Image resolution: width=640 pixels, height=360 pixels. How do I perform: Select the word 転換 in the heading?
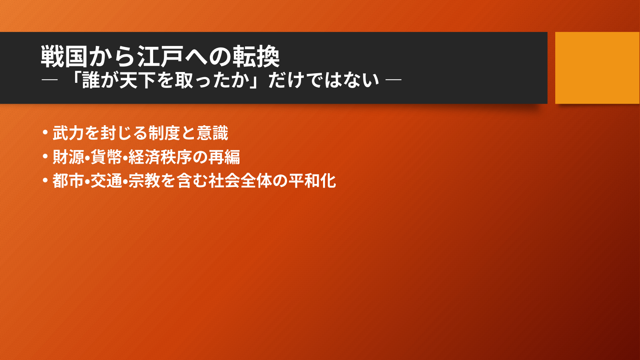point(256,56)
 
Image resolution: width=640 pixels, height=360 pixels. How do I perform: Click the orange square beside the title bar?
point(597,68)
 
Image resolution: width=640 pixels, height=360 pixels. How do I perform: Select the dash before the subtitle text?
point(50,80)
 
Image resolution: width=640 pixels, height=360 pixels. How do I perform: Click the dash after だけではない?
point(393,80)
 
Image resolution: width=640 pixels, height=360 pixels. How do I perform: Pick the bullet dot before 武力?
point(45,132)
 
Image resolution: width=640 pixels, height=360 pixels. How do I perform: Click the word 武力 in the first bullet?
point(68,133)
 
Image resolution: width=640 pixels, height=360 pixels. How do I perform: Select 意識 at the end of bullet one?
point(212,133)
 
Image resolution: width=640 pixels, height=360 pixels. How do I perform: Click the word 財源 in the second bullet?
point(68,157)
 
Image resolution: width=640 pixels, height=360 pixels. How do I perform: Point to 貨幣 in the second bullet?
point(106,157)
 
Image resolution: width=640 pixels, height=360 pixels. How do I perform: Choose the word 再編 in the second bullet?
point(224,157)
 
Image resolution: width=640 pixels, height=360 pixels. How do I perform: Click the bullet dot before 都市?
point(45,180)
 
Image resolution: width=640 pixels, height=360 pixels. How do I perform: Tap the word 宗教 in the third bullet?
point(144,181)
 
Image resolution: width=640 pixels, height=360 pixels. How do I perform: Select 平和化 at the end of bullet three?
point(312,181)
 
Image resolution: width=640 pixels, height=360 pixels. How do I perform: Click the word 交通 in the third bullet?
point(106,181)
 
